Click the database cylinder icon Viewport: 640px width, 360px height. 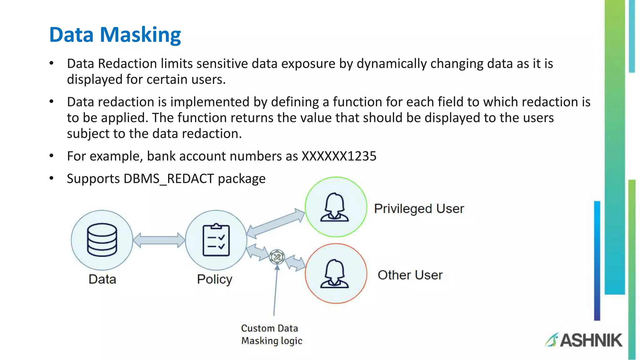click(102, 240)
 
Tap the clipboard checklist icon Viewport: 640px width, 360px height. click(216, 240)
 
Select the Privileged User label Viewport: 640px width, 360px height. click(419, 209)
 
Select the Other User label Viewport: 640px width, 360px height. click(410, 275)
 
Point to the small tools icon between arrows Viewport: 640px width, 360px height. click(277, 257)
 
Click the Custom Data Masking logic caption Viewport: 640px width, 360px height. click(271, 334)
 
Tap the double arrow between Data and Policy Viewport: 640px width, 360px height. click(159, 240)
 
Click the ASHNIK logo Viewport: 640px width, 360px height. click(584, 340)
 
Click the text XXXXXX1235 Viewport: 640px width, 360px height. click(339, 156)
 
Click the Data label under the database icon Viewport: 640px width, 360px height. click(102, 279)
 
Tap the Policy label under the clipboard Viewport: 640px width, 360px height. click(215, 279)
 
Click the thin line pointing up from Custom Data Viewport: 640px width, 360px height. click(275, 291)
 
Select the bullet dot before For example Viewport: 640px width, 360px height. click(52, 156)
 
